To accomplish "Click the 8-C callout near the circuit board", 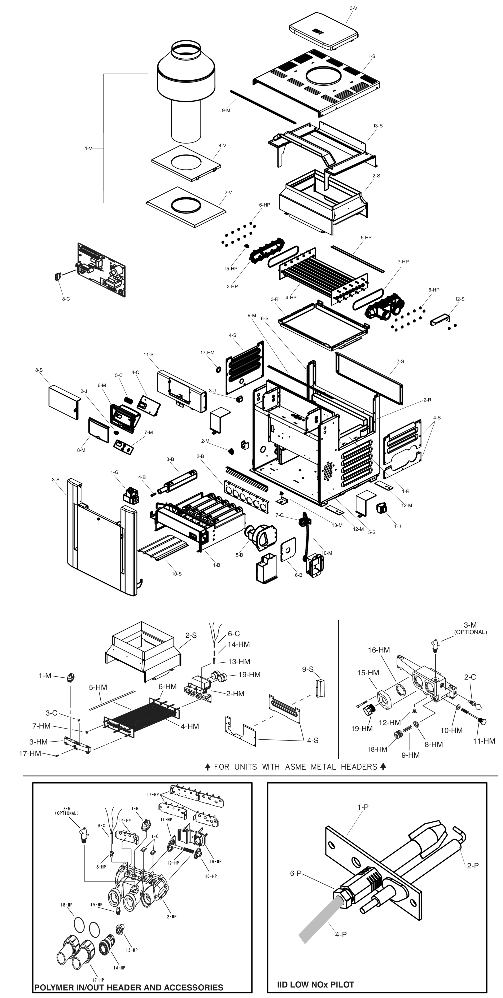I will pyautogui.click(x=66, y=299).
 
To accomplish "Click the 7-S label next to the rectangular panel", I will pyautogui.click(x=400, y=361).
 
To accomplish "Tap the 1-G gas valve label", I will pyautogui.click(x=114, y=472).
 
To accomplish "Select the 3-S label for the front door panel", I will pyautogui.click(x=56, y=480).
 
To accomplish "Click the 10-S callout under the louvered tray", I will pyautogui.click(x=177, y=574).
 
